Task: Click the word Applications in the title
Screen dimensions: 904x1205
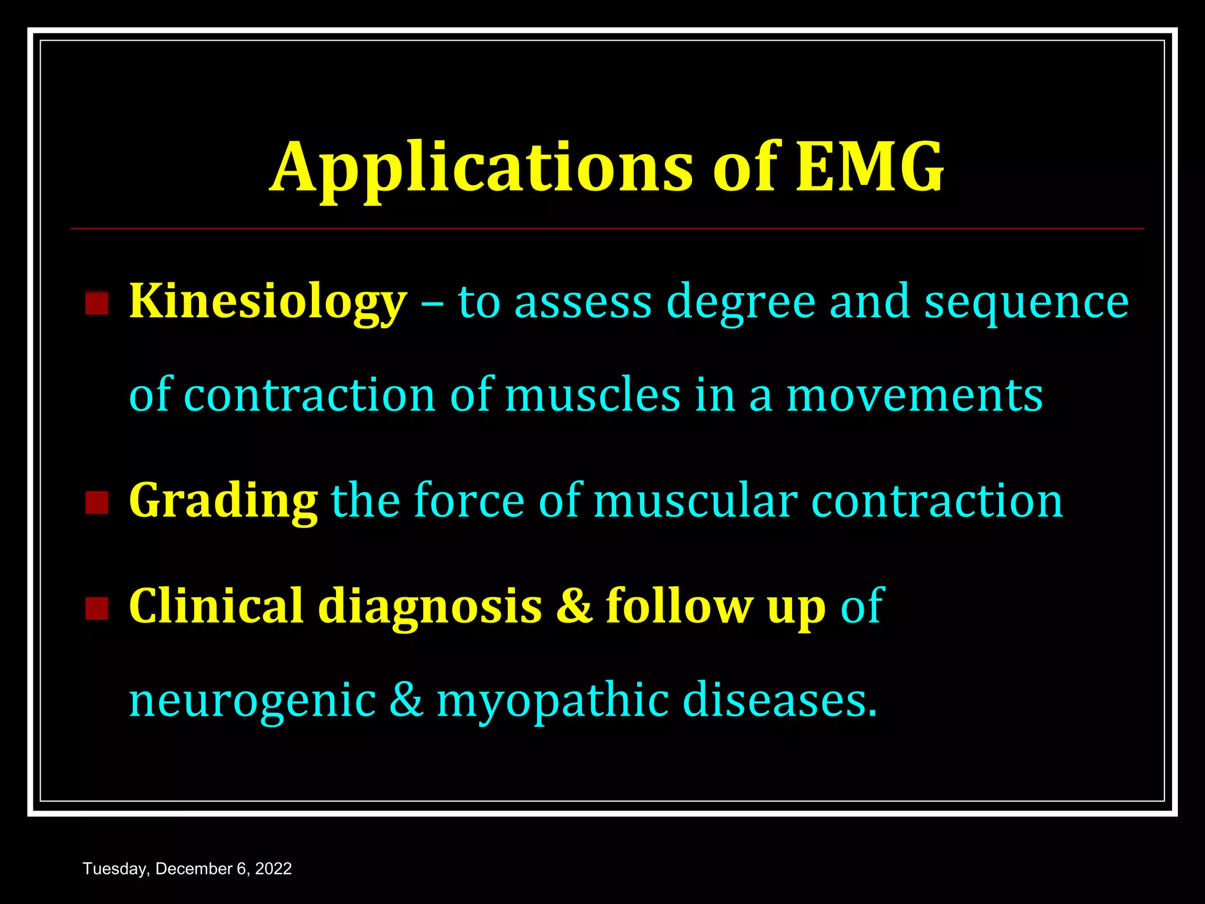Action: tap(482, 168)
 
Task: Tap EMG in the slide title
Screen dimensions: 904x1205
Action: tap(870, 168)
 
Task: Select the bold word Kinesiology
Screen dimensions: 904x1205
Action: tap(268, 302)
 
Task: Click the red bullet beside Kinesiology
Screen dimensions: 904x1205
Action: tap(97, 303)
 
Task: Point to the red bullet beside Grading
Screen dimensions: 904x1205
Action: tap(97, 503)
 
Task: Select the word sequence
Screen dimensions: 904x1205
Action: tap(1026, 302)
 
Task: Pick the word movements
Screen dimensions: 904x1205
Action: tap(914, 395)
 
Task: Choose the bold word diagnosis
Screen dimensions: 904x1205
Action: tap(430, 606)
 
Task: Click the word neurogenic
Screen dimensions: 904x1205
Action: tap(252, 700)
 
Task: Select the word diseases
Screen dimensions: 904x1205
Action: tap(780, 700)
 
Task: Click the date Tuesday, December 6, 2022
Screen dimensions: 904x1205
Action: tap(187, 869)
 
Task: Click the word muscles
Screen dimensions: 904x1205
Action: tap(592, 395)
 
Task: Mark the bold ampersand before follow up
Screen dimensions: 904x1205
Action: tap(574, 606)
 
